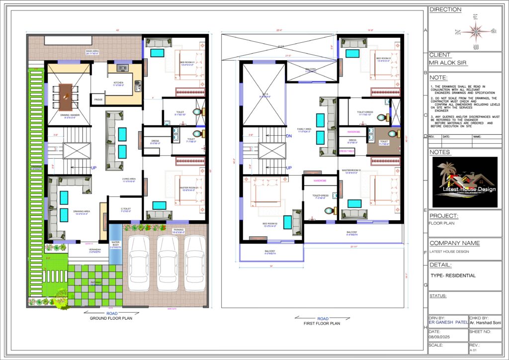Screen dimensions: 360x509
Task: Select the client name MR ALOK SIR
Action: tap(446, 63)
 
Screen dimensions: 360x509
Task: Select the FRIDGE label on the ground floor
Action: tap(98, 99)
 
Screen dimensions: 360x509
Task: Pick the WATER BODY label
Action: tap(115, 244)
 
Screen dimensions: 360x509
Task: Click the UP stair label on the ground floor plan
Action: tap(93, 168)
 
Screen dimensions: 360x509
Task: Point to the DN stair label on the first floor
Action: tap(289, 136)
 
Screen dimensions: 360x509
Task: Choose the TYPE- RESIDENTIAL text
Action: tap(453, 275)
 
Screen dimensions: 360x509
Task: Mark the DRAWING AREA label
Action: tap(81, 212)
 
